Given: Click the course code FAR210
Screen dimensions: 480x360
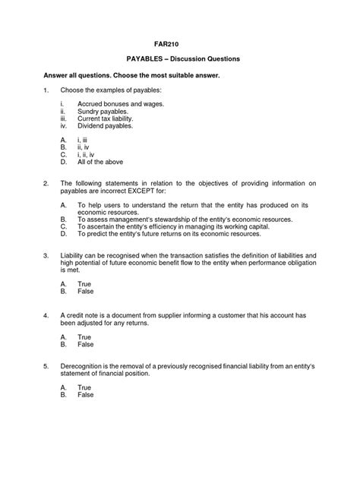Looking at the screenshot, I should point(180,43).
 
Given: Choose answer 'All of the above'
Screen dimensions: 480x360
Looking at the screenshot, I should point(100,162).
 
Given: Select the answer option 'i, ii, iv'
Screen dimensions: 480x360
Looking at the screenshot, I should point(88,154).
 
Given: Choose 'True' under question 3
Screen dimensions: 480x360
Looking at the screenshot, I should point(85,283).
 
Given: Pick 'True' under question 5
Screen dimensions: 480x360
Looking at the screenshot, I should point(85,387).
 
